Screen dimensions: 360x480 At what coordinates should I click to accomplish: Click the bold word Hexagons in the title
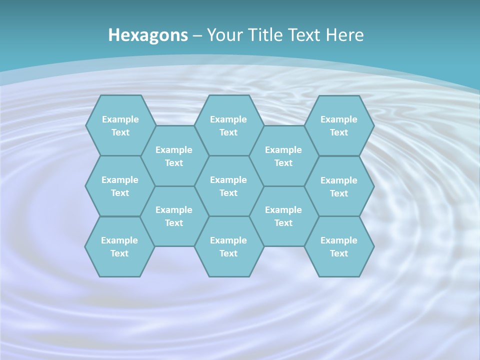coord(148,35)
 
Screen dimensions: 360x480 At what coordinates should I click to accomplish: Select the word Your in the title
coord(223,35)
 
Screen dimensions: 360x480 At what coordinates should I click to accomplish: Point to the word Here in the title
coord(344,35)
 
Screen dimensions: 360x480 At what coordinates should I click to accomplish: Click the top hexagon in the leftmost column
coord(120,125)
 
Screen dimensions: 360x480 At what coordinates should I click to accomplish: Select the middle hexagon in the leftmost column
coord(120,186)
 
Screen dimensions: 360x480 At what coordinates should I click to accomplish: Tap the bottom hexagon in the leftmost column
coord(119,246)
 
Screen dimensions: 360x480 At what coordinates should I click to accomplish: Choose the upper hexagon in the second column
coord(174,156)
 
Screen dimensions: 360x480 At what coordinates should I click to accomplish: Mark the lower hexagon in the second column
coord(174,216)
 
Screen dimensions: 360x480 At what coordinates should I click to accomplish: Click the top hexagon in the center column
coord(228,125)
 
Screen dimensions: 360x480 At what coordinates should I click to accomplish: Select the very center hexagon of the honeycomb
coord(228,186)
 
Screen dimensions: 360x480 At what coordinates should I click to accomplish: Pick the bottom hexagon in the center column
coord(228,246)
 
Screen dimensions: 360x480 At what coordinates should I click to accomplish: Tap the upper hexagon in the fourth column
coord(283,156)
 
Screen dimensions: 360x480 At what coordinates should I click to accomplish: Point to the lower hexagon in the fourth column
coord(283,216)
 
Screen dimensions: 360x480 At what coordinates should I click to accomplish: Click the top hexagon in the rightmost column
coord(339,125)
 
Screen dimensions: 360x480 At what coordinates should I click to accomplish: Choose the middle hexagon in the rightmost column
coord(339,186)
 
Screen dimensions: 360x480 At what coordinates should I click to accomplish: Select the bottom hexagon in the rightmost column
coord(339,246)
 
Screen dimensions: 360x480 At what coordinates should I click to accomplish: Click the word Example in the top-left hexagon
coord(120,119)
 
